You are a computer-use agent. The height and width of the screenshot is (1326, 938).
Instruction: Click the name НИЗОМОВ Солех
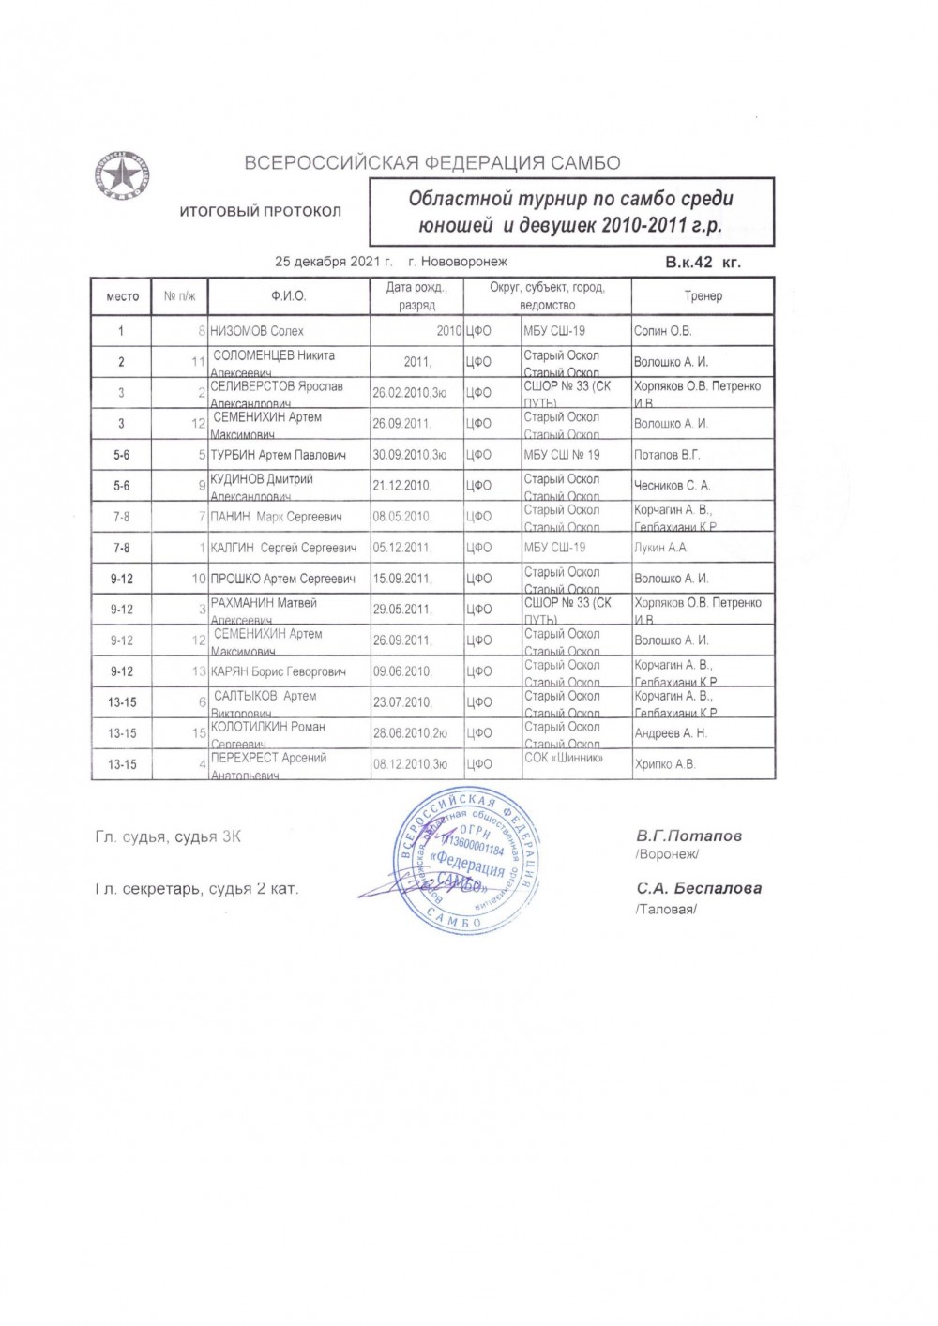(x=257, y=331)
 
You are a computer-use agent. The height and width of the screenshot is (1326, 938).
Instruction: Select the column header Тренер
(x=703, y=296)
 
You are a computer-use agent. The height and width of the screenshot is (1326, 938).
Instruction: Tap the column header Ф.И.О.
(x=289, y=296)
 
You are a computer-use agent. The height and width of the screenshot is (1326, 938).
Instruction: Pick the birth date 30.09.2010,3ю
(x=416, y=455)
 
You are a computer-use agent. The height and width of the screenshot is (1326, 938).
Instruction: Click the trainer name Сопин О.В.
(x=663, y=331)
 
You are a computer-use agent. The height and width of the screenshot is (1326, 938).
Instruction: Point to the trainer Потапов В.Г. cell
(x=665, y=455)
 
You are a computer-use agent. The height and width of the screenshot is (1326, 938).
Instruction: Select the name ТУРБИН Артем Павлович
(x=279, y=455)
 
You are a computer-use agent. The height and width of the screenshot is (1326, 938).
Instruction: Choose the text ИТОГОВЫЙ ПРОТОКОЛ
(x=261, y=212)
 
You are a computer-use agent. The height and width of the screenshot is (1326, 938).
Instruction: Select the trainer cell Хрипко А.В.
(x=665, y=764)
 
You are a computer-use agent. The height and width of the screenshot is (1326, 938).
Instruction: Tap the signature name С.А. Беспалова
(x=698, y=888)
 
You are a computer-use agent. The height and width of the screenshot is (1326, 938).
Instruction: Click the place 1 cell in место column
(x=121, y=331)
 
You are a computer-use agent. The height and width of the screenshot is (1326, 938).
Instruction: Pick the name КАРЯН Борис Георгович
(x=279, y=671)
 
